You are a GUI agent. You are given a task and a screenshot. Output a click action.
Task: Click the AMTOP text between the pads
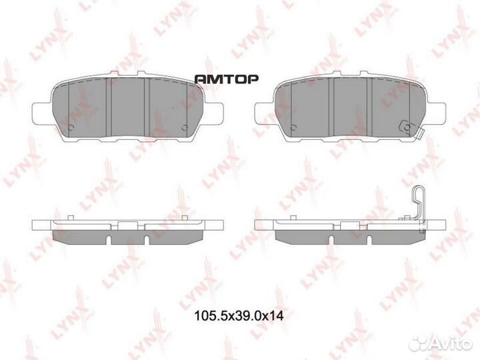tap(225, 78)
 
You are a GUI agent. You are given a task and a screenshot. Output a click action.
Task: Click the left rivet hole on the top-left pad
tap(71, 127)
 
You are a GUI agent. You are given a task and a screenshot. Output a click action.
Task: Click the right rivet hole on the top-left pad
tap(185, 127)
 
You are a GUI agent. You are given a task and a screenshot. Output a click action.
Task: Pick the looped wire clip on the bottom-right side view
tap(417, 203)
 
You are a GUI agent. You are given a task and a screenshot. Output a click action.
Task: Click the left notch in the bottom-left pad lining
tap(107, 237)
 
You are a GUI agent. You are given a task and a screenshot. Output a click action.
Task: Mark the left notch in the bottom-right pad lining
tap(330, 237)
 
